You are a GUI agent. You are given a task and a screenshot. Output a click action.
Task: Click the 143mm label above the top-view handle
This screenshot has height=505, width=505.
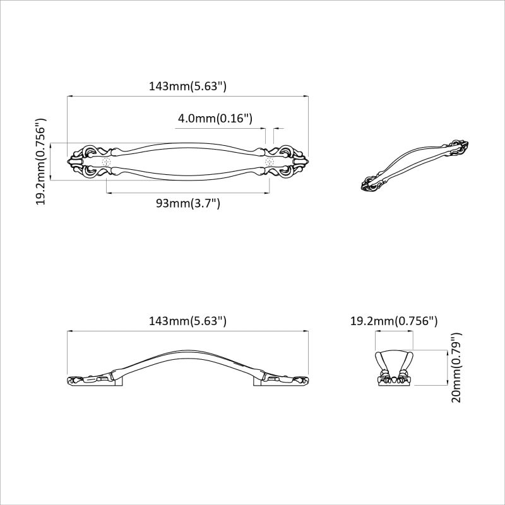click(x=187, y=87)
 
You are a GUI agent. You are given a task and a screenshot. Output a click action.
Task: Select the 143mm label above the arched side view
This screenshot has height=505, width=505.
click(x=187, y=321)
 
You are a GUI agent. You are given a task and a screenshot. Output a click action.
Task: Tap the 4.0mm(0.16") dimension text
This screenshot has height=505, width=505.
click(x=215, y=118)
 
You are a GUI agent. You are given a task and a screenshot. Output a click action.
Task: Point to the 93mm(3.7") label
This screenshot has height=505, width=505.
click(x=187, y=203)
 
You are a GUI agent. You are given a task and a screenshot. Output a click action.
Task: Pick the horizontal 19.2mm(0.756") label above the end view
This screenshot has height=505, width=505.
click(x=394, y=321)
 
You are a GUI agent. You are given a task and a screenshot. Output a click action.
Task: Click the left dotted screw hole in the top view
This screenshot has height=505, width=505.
click(x=106, y=162)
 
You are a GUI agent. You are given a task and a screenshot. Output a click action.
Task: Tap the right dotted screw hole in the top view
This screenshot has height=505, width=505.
click(x=271, y=162)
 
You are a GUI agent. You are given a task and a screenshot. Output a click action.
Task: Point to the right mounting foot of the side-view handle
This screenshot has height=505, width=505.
click(x=258, y=380)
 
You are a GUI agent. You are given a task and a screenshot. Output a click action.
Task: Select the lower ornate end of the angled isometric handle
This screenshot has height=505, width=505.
click(x=371, y=185)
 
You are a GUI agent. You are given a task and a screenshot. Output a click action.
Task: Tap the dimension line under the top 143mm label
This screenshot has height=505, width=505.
click(x=187, y=96)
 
